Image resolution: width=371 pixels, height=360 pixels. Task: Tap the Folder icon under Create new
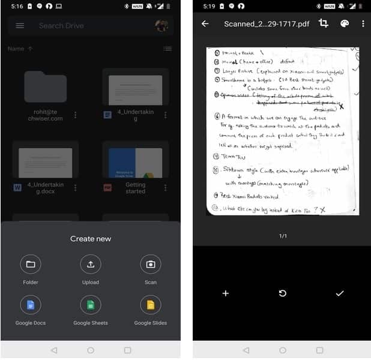pyautogui.click(x=30, y=264)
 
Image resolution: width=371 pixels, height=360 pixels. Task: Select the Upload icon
pyautogui.click(x=91, y=264)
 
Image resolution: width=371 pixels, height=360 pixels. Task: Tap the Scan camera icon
pyautogui.click(x=151, y=264)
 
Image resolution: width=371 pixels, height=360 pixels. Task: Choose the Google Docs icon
pyautogui.click(x=30, y=305)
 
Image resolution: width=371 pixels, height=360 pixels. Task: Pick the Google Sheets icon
pyautogui.click(x=91, y=305)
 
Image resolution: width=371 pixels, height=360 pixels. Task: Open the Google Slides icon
pyautogui.click(x=151, y=305)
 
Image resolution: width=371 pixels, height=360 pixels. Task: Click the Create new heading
pyautogui.click(x=91, y=239)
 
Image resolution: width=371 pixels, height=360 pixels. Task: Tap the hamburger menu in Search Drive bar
pyautogui.click(x=20, y=26)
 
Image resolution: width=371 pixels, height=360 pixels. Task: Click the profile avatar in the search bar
pyautogui.click(x=161, y=26)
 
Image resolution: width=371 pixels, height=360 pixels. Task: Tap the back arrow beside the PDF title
pyautogui.click(x=205, y=24)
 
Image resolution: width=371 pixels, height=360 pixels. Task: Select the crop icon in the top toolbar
pyautogui.click(x=324, y=23)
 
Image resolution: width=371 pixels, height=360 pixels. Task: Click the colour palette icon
pyautogui.click(x=344, y=24)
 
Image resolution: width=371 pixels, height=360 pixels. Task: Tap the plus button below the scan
pyautogui.click(x=226, y=293)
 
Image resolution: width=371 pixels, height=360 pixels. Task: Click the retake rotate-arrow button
pyautogui.click(x=283, y=293)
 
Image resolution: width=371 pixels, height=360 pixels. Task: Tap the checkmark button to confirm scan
pyautogui.click(x=340, y=293)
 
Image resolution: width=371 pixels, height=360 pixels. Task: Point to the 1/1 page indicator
pyautogui.click(x=283, y=236)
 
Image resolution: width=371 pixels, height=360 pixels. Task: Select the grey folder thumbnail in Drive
pyautogui.click(x=46, y=87)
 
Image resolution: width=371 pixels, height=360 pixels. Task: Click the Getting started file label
pyautogui.click(x=135, y=188)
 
